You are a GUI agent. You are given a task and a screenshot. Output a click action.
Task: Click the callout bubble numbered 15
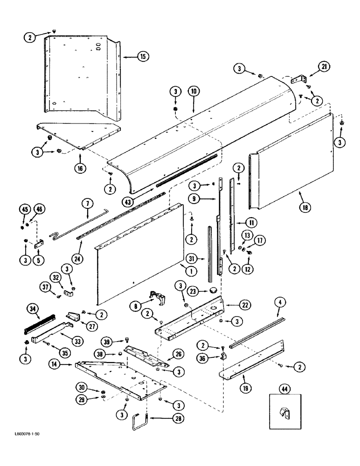tap(142, 56)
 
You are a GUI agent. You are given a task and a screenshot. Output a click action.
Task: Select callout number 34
tap(33, 308)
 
